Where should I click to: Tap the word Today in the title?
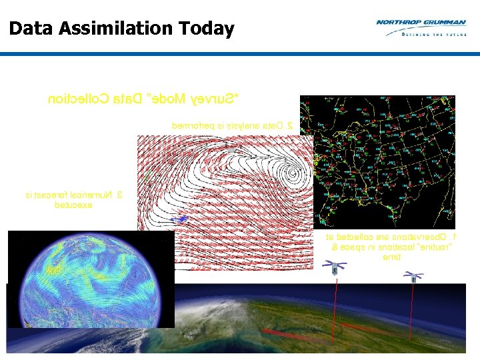(207, 29)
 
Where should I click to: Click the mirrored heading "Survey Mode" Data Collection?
(143, 100)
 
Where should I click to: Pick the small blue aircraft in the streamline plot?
(179, 219)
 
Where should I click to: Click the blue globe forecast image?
(91, 279)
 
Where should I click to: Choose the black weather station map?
(377, 161)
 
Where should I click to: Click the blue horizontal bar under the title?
(240, 54)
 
